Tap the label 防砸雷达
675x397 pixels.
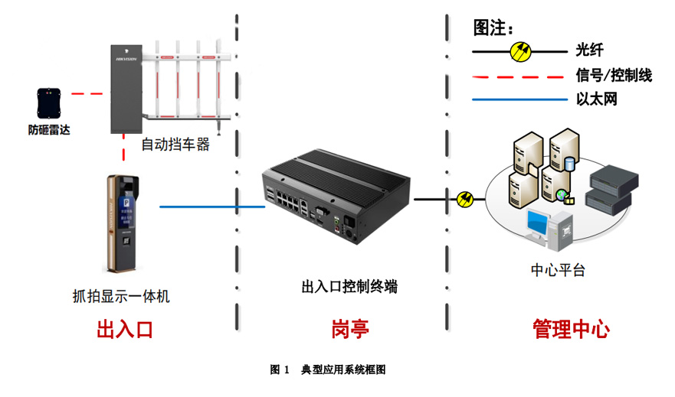click(x=49, y=129)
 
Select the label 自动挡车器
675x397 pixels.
click(x=175, y=145)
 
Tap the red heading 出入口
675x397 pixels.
click(x=125, y=330)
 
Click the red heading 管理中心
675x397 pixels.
click(x=571, y=330)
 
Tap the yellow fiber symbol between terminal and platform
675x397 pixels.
click(x=465, y=199)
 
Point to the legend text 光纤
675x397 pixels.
click(x=590, y=50)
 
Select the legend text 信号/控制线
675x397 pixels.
click(x=614, y=75)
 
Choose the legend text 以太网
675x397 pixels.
click(x=596, y=99)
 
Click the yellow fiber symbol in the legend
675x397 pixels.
click(x=521, y=51)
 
